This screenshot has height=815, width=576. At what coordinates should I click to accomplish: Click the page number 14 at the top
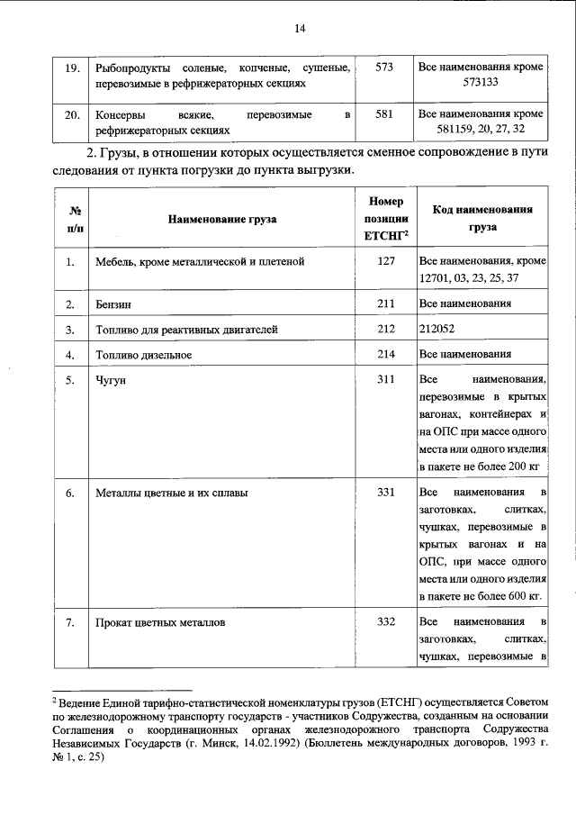tap(301, 29)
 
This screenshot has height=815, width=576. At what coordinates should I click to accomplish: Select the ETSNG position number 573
tap(385, 68)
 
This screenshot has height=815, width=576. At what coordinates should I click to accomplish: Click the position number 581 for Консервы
tap(385, 115)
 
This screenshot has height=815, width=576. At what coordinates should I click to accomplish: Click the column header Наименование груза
tap(221, 219)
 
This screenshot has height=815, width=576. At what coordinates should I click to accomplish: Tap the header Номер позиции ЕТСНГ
tap(385, 219)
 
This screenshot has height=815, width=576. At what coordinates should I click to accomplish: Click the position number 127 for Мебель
tap(385, 262)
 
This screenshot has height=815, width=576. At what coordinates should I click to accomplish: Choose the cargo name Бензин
tap(112, 304)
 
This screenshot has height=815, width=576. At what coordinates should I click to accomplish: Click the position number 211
tap(385, 304)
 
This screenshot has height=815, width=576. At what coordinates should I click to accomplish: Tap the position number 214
tap(385, 354)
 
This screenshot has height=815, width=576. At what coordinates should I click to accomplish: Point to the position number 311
tap(385, 379)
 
